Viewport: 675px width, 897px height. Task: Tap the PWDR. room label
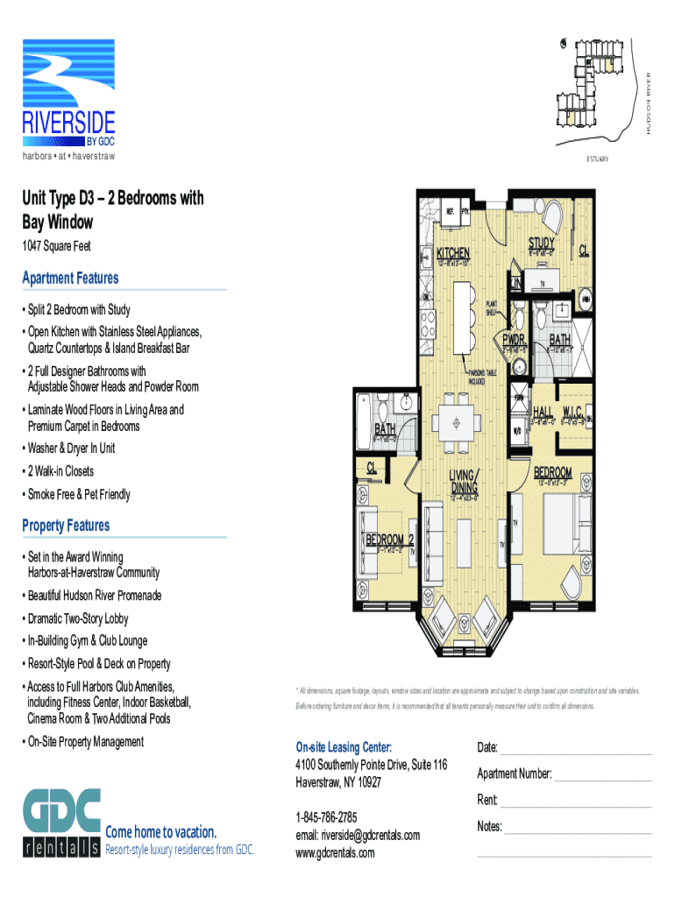click(515, 339)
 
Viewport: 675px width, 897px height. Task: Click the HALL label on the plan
click(543, 412)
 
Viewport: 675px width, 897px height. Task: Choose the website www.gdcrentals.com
click(335, 852)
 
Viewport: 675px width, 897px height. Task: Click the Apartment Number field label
click(514, 774)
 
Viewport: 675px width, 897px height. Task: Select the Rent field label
click(487, 801)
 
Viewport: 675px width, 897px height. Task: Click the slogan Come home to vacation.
click(160, 831)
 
